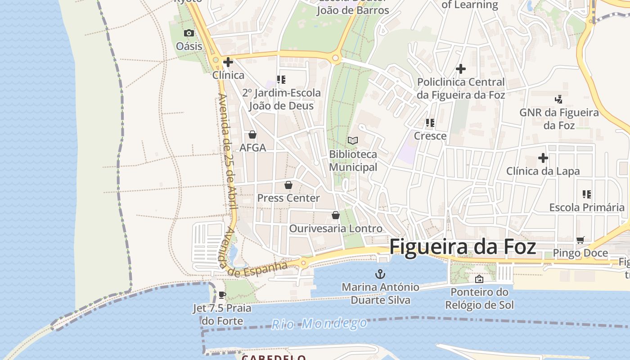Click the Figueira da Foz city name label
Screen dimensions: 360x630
tap(462, 247)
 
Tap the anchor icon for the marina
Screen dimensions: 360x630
tap(380, 274)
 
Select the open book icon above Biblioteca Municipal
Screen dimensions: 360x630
tap(353, 141)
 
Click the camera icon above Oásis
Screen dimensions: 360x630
tap(189, 33)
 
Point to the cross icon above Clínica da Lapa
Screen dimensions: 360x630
tap(543, 158)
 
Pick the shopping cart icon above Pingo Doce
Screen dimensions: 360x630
tap(580, 240)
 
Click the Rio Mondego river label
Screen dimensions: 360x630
tap(319, 324)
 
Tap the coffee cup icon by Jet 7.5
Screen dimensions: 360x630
tap(222, 295)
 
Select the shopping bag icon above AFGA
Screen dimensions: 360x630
tap(252, 135)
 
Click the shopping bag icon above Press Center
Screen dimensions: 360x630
tap(288, 185)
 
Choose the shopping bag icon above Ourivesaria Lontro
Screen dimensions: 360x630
tap(335, 215)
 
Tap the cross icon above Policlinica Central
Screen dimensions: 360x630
tap(461, 69)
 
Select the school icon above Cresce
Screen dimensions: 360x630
tap(430, 123)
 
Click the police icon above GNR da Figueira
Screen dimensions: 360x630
tap(559, 99)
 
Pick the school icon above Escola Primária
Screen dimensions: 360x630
tap(587, 194)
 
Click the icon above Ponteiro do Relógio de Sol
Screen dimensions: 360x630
tap(479, 279)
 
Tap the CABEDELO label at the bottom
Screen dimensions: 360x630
tap(274, 357)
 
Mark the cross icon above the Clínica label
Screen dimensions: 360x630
tap(228, 62)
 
